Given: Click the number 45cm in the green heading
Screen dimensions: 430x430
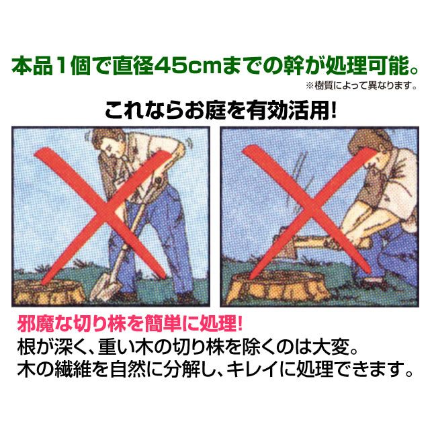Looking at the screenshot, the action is click(x=188, y=66).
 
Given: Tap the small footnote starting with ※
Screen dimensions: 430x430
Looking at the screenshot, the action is click(x=361, y=86).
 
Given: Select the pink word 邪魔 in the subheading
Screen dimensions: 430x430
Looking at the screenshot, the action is click(x=36, y=324).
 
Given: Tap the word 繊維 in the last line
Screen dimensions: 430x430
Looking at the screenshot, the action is click(x=73, y=369).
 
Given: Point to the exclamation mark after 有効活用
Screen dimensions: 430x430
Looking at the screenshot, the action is click(x=333, y=110).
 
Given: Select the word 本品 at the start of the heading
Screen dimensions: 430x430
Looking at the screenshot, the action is click(x=32, y=66).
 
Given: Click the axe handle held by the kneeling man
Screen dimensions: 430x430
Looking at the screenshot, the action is click(x=329, y=243).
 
